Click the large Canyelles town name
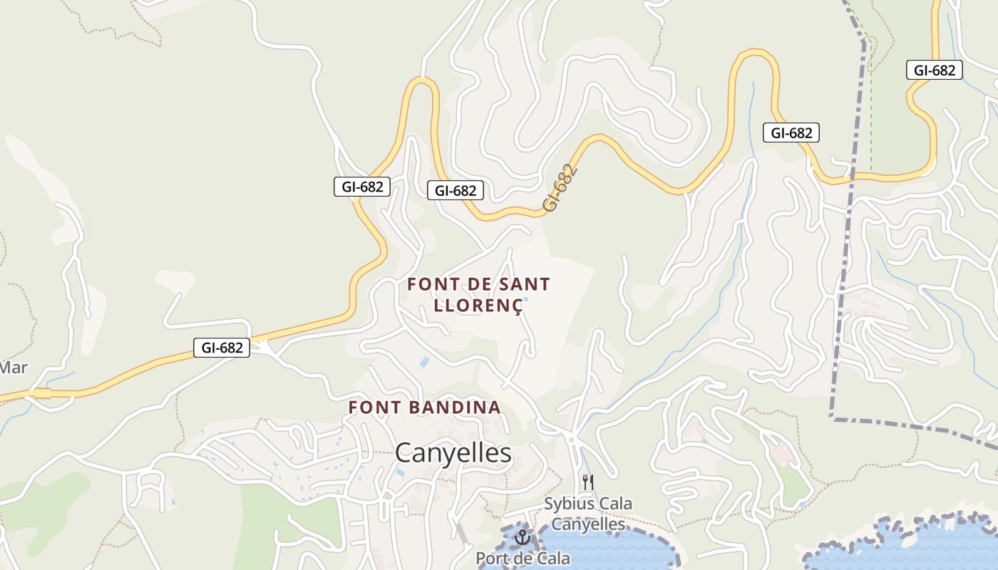click(453, 453)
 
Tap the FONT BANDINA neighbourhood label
click(424, 408)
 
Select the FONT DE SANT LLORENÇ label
click(478, 294)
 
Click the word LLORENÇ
click(478, 306)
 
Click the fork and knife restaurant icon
click(587, 482)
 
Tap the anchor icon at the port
click(523, 537)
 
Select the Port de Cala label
click(523, 558)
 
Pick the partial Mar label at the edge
click(13, 368)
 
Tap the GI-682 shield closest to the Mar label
click(222, 348)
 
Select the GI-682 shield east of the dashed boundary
click(935, 70)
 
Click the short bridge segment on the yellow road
click(41, 393)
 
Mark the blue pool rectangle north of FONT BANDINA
click(424, 362)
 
